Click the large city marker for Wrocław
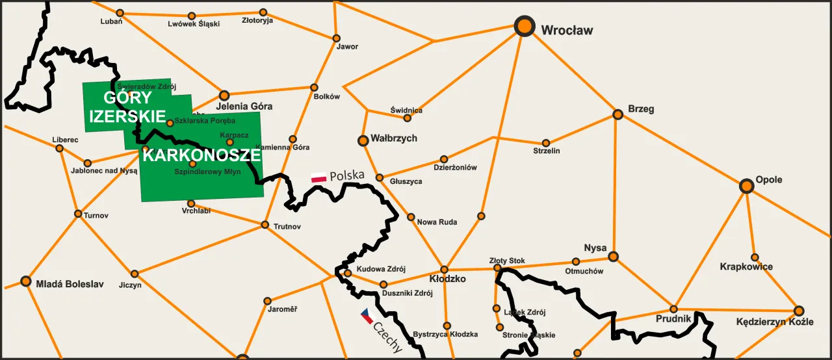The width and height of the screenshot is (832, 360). [x=524, y=27]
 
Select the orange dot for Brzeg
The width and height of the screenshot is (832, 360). [x=618, y=115]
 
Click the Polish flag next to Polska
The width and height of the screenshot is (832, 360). [x=318, y=178]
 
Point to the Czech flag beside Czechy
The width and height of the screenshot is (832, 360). [x=367, y=316]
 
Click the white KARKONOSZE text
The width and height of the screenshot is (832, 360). [x=201, y=156]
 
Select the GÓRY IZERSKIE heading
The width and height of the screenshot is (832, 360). [x=128, y=108]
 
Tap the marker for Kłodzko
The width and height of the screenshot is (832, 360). [x=445, y=269]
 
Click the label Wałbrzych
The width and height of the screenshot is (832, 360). [x=394, y=138]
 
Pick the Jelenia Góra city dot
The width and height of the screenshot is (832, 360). [x=224, y=96]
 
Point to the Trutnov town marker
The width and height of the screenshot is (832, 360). [x=265, y=225]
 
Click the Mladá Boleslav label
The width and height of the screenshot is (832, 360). [x=70, y=284]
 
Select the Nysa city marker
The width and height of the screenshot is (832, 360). [x=613, y=257]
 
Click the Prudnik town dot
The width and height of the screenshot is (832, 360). [x=674, y=309]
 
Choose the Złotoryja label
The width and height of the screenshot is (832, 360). [x=257, y=21]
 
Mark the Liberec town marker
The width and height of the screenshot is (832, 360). [x=60, y=148]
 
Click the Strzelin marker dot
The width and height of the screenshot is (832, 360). [x=546, y=143]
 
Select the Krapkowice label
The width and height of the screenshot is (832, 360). [x=746, y=267]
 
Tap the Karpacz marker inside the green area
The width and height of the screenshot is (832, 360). [x=229, y=142]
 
